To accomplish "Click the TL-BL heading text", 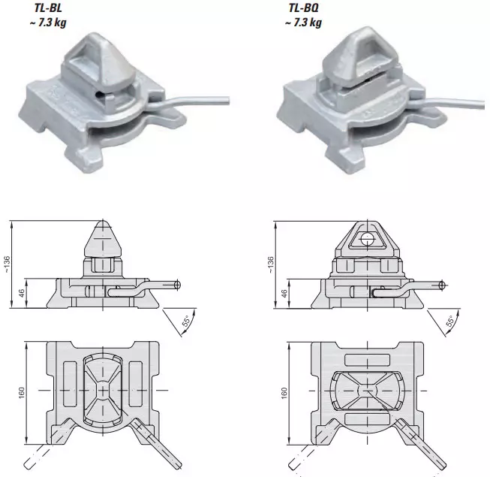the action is [48, 8].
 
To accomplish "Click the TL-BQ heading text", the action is [303, 8].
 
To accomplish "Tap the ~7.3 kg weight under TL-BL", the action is [48, 23].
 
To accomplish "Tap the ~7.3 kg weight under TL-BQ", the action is [303, 23].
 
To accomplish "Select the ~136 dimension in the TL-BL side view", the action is [7, 264].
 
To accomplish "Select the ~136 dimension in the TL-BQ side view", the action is [271, 264].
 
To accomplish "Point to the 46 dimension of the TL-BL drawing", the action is [21, 294].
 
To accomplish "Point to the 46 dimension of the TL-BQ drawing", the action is [284, 294].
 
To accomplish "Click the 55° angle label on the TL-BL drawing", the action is [186, 322].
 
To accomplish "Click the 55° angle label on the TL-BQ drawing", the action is [450, 322].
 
